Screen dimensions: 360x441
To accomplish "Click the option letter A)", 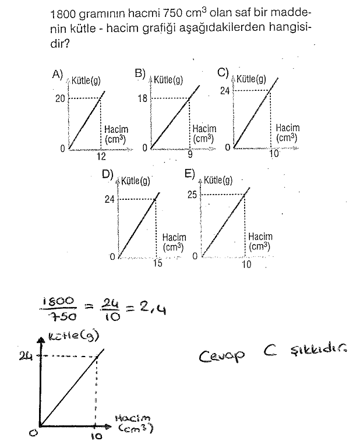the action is pyautogui.click(x=57, y=74).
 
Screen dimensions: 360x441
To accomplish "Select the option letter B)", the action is pyautogui.click(x=140, y=73).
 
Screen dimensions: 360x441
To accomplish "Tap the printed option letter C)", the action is pyautogui.click(x=223, y=73).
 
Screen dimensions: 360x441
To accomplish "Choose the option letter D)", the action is pyautogui.click(x=107, y=174).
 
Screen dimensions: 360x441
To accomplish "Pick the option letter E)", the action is pyautogui.click(x=189, y=174).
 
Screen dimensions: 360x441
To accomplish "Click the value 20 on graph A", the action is pyautogui.click(x=60, y=98).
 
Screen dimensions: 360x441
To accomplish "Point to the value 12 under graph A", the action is pyautogui.click(x=101, y=156).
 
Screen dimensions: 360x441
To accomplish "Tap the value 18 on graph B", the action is pyautogui.click(x=142, y=98).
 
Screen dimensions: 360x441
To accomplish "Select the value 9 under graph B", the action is pyautogui.click(x=190, y=155).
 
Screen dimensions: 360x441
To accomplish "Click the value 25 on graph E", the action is pyautogui.click(x=192, y=195).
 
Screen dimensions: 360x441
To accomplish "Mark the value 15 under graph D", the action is pyautogui.click(x=158, y=263).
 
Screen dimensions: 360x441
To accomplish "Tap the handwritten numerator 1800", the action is pyautogui.click(x=58, y=301).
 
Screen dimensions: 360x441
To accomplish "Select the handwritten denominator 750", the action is pyautogui.click(x=62, y=316).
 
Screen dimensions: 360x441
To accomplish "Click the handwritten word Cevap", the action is pyautogui.click(x=221, y=356).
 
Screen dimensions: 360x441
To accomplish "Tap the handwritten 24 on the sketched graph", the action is pyautogui.click(x=25, y=356).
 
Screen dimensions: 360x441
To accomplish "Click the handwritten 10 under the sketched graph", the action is pyautogui.click(x=97, y=436).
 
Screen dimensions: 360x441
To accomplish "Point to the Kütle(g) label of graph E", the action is pyautogui.click(x=218, y=180).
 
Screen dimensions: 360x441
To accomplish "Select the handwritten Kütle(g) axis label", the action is pyautogui.click(x=73, y=337).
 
